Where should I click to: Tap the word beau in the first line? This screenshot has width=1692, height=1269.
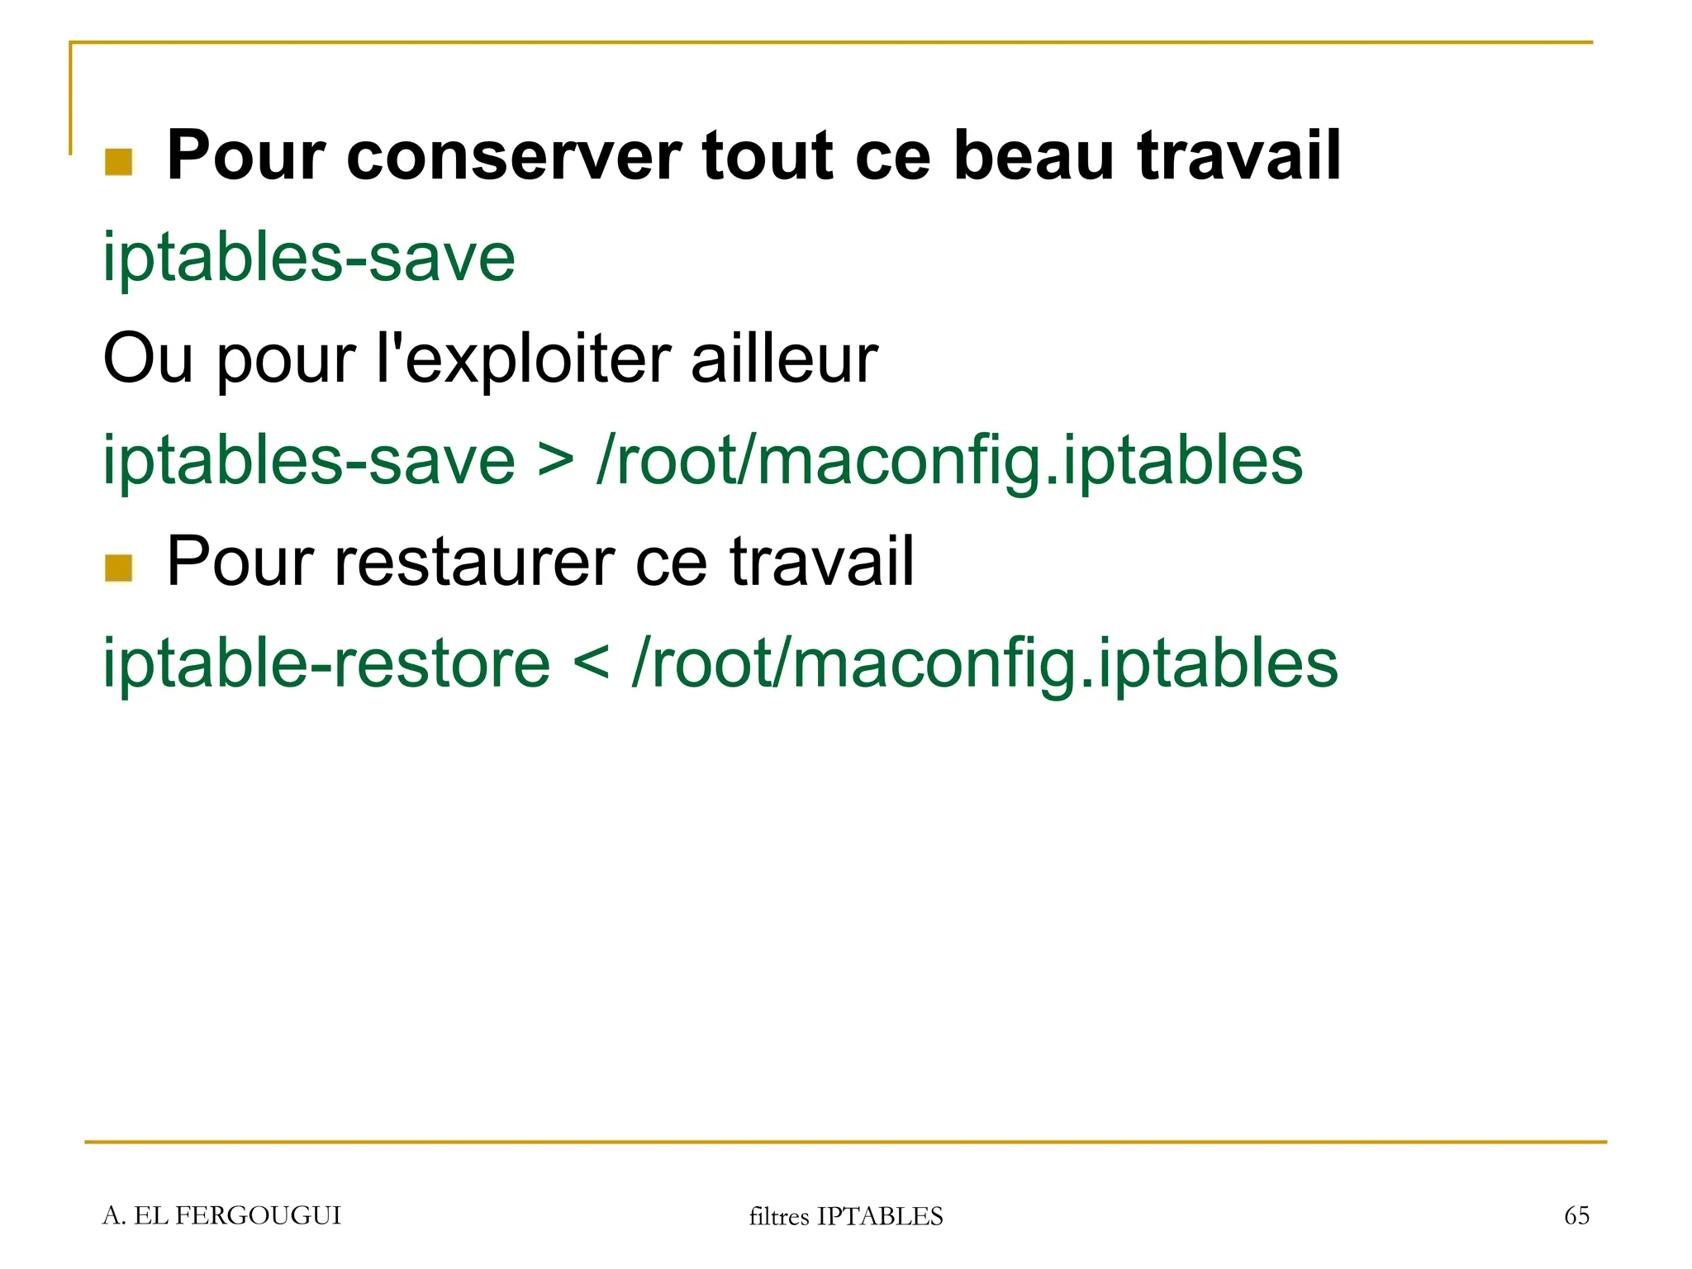[x=1034, y=157]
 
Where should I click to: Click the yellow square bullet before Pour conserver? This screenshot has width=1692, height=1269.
[x=119, y=162]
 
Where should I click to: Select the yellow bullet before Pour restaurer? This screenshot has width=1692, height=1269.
[x=119, y=568]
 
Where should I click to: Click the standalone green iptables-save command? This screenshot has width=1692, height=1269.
[x=309, y=258]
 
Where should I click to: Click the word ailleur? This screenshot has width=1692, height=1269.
[x=783, y=360]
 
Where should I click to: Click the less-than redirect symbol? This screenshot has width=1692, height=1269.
[x=591, y=664]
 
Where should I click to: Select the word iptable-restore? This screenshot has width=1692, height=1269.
[x=326, y=664]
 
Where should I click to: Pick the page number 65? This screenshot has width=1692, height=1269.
[x=1576, y=1215]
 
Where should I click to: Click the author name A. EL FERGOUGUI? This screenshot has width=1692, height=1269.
[x=221, y=1215]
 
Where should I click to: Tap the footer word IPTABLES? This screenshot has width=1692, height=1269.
[x=880, y=1216]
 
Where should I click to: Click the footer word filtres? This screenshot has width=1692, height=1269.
[x=778, y=1216]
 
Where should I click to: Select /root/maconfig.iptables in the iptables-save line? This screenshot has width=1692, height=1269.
[x=948, y=461]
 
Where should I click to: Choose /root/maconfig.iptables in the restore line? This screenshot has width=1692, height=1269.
[x=983, y=664]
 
